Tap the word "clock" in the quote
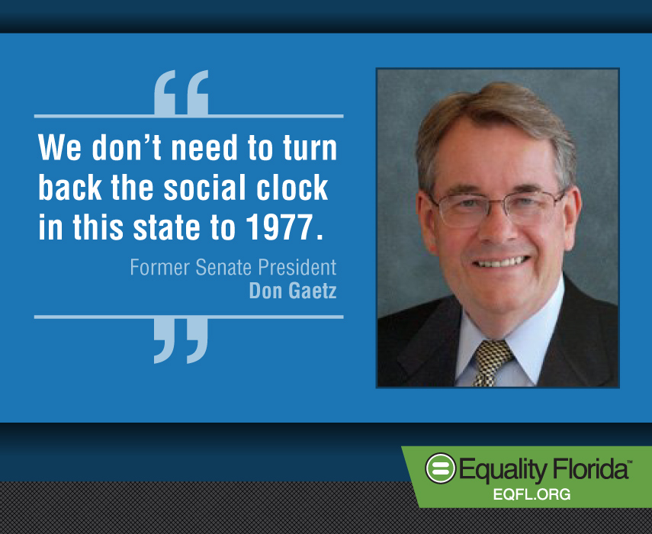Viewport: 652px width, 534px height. (x=292, y=187)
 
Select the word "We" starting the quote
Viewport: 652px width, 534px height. (x=59, y=147)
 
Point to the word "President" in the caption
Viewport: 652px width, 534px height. (x=297, y=267)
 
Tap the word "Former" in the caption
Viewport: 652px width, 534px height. (x=159, y=267)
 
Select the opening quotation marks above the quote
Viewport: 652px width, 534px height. (x=181, y=92)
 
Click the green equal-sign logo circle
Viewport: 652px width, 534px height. (x=440, y=468)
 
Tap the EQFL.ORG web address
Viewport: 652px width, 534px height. (x=532, y=494)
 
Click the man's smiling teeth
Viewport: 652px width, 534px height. (x=502, y=262)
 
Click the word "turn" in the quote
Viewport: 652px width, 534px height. (x=310, y=147)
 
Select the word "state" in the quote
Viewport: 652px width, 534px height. (x=165, y=227)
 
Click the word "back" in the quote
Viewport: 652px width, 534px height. (x=70, y=187)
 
